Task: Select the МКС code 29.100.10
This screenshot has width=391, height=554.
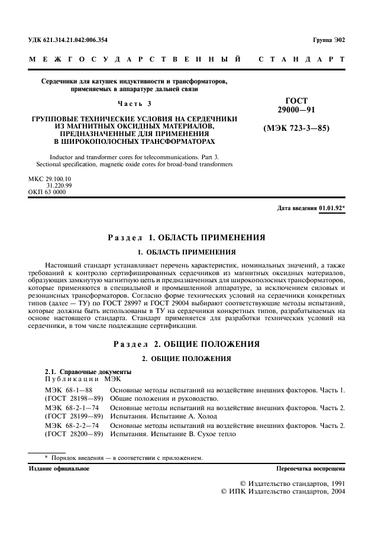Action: (x=49, y=179)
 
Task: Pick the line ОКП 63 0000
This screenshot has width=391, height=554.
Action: (x=47, y=192)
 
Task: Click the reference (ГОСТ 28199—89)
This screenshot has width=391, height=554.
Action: (x=75, y=416)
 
